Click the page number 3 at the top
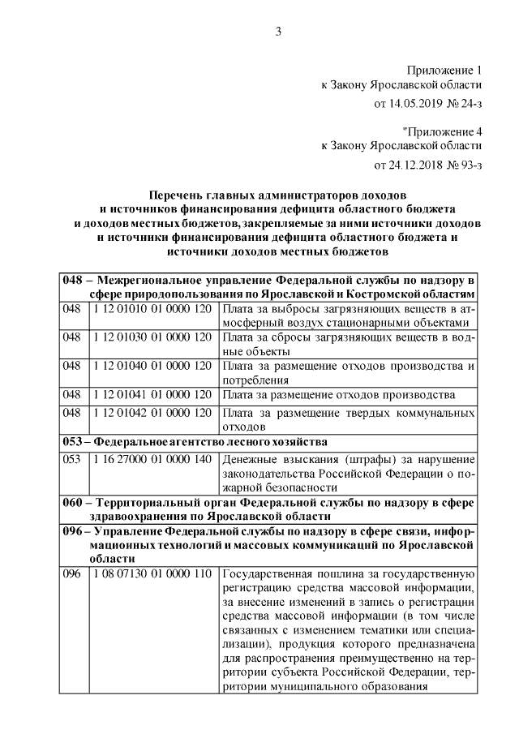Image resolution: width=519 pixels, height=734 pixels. point(278,32)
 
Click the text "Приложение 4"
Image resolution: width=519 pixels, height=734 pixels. point(443,130)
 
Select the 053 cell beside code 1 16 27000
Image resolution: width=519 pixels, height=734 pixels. point(72,459)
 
